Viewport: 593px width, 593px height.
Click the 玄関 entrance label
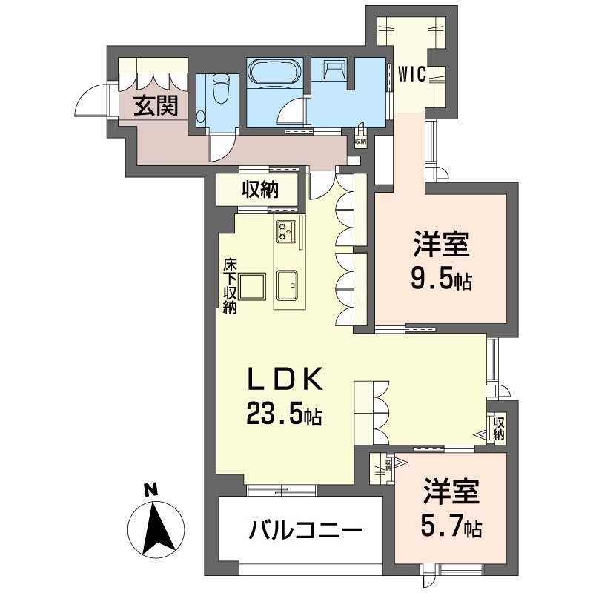[x=156, y=107]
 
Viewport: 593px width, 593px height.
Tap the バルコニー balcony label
[x=305, y=531]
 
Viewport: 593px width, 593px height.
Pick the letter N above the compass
[x=150, y=490]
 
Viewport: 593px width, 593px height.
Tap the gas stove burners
[x=287, y=231]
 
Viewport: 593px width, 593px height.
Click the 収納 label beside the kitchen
[x=259, y=190]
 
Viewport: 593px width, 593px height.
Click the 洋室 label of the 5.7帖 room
[x=452, y=492]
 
